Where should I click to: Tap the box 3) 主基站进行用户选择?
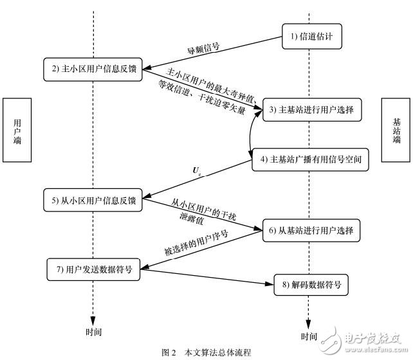tap(311, 110)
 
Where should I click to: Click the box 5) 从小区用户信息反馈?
tap(93, 200)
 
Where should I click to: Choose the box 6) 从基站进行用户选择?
tap(311, 229)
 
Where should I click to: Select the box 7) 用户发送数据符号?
tap(93, 269)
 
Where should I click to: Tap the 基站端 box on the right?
tap(396, 130)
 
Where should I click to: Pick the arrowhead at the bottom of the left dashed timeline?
tap(93, 319)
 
